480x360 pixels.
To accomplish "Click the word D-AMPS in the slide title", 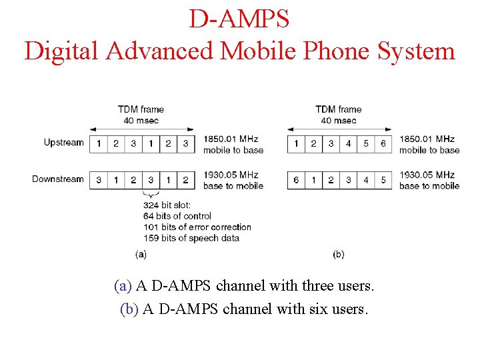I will [x=239, y=19].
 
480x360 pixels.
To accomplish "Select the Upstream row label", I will [x=64, y=143].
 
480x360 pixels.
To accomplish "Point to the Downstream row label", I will [x=58, y=179].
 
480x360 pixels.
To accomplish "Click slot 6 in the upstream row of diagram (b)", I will [x=383, y=144].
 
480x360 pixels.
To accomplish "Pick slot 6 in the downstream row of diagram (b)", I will [x=296, y=180].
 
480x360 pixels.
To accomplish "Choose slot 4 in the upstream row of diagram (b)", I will [x=348, y=144].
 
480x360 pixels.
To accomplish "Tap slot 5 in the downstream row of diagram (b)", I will [x=383, y=180].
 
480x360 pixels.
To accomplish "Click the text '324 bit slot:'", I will [x=167, y=205].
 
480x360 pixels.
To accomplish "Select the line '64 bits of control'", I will [x=177, y=216].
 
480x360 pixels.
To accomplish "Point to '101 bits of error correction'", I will [x=197, y=227].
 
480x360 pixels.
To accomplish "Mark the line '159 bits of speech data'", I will [x=191, y=238].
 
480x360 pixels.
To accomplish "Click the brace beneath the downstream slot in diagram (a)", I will [x=151, y=195].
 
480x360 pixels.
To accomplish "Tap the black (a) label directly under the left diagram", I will [x=141, y=254].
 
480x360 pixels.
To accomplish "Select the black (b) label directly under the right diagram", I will [x=338, y=254].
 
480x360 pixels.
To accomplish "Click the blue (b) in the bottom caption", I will [x=129, y=309].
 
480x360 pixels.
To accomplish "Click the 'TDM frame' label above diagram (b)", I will [x=339, y=109].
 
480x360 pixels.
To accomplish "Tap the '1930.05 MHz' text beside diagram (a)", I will [x=231, y=175].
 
